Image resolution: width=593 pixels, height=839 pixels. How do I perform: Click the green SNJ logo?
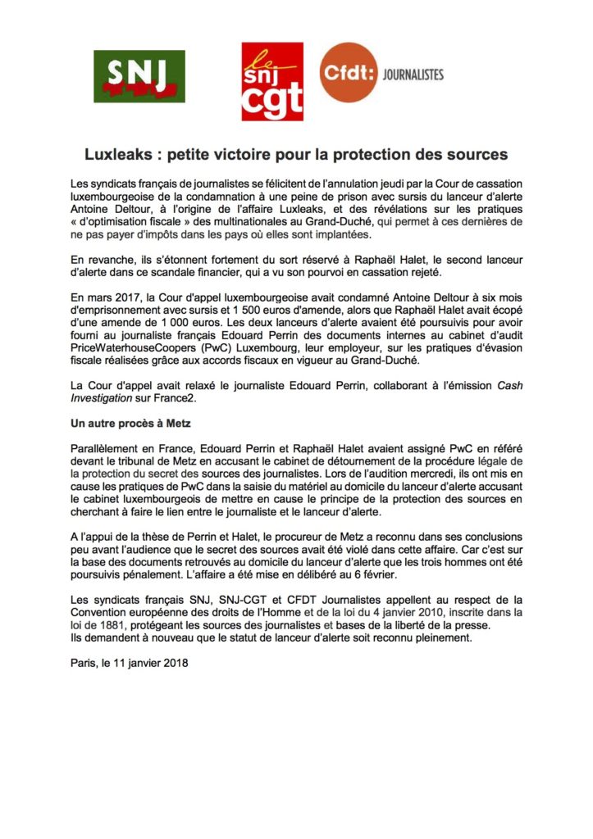click(139, 76)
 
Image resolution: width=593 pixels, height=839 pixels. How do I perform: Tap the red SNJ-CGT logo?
click(271, 81)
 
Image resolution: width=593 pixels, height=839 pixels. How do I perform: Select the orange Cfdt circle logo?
click(348, 73)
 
